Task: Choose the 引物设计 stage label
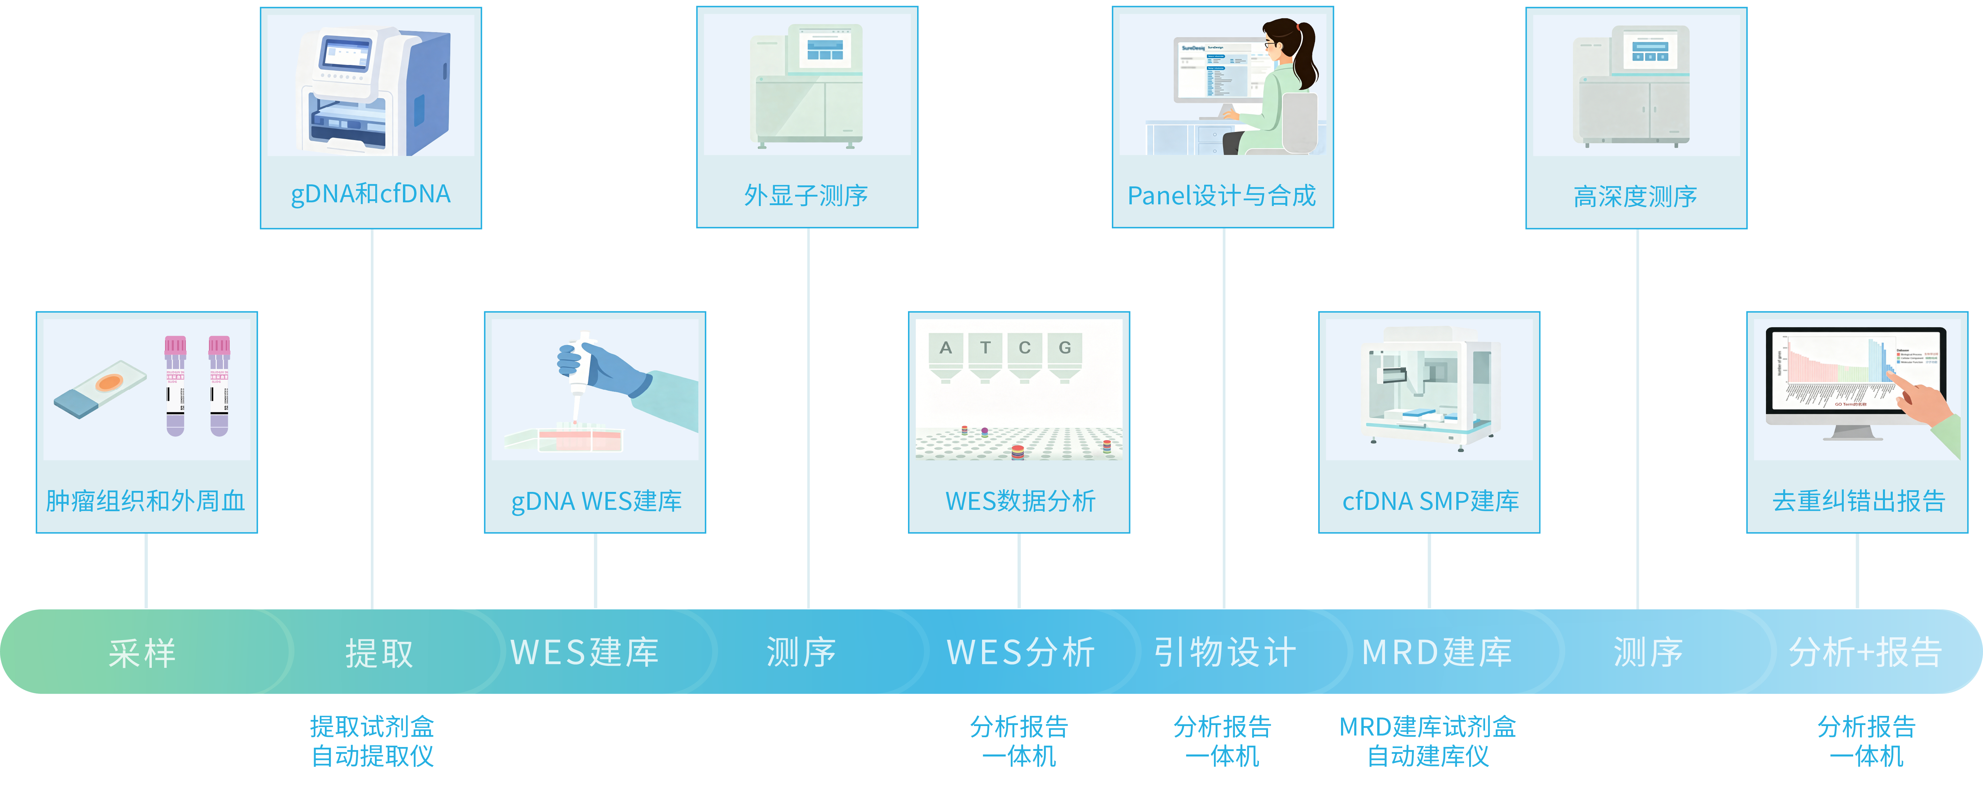point(1225,652)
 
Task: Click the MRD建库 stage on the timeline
point(1436,652)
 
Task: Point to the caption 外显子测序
point(806,196)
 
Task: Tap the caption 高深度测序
point(1635,197)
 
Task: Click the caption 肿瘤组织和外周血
point(145,501)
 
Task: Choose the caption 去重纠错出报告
point(1858,501)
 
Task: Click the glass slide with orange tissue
point(100,389)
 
